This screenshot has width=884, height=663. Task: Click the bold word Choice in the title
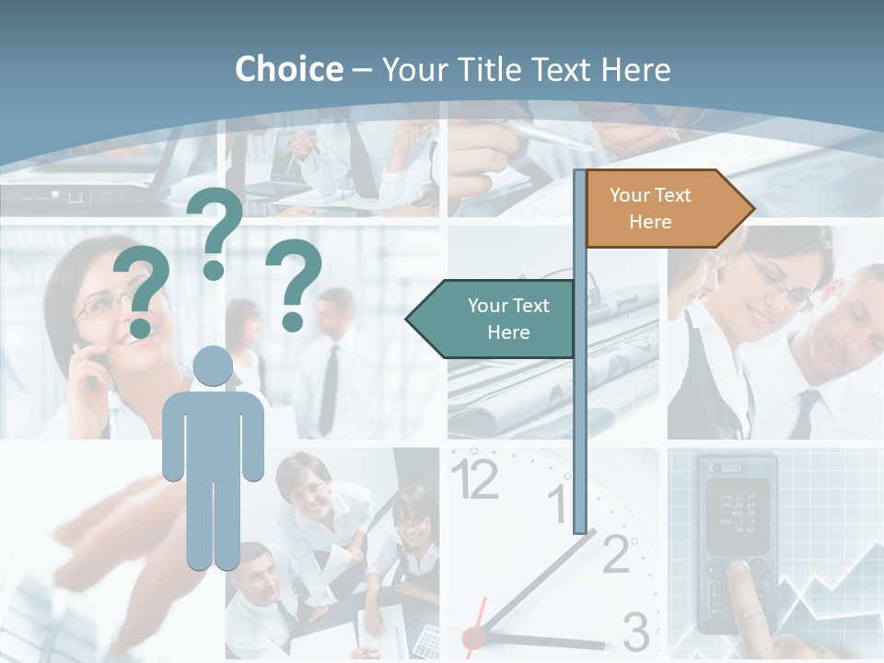click(288, 69)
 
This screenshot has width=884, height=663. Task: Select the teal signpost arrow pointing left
click(497, 319)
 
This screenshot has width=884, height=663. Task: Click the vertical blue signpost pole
click(580, 368)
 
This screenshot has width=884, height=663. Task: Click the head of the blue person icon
click(213, 366)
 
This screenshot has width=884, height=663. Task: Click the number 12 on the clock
click(474, 479)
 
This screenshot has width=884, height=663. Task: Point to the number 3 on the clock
click(635, 632)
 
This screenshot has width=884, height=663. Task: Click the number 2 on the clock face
click(615, 552)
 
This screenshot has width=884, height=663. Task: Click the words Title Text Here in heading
click(526, 69)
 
